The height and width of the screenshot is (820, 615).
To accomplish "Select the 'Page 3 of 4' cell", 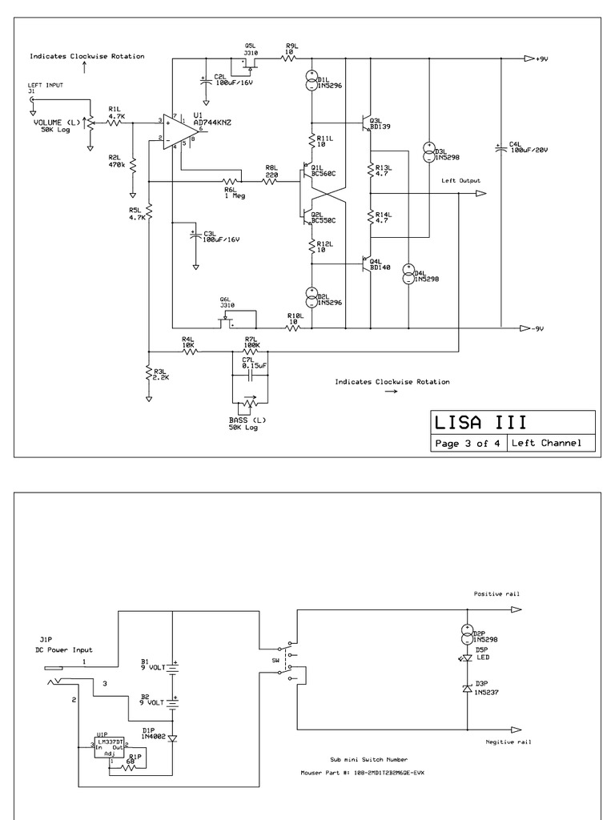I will [x=468, y=444].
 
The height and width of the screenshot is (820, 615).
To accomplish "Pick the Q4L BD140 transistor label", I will [x=381, y=264].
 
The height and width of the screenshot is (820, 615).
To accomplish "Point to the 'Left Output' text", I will [x=460, y=181].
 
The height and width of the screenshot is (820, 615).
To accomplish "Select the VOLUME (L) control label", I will [x=57, y=123].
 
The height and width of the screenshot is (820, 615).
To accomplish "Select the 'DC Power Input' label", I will [x=63, y=650].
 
